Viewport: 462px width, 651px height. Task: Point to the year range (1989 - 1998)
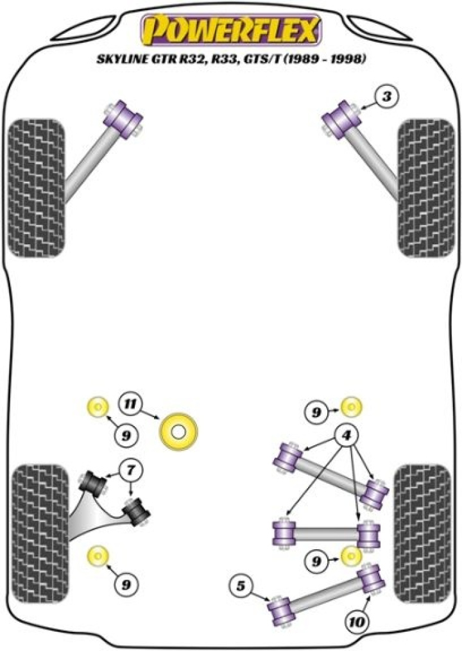[x=327, y=61]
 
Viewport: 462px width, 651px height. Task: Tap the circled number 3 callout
[x=387, y=97]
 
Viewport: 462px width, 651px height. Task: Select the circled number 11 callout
[x=130, y=404]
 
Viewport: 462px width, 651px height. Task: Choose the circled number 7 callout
[x=130, y=471]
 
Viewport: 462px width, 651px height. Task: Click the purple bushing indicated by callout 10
[x=371, y=579]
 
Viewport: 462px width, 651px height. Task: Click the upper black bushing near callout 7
[x=94, y=483]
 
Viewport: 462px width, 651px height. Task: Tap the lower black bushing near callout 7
[x=136, y=511]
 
